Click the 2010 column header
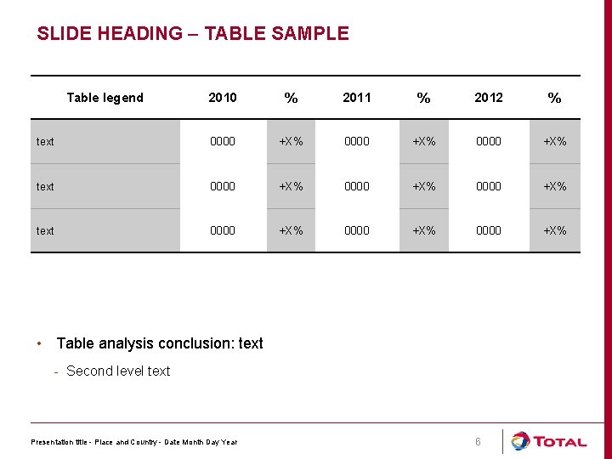223,98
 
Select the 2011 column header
357,98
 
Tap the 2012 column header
489,98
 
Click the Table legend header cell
105,98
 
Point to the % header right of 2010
291,99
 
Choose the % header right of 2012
554,99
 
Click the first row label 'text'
45,142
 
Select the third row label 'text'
45,231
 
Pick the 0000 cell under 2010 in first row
223,142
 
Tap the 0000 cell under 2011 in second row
357,186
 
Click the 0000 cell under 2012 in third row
489,230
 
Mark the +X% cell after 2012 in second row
554,186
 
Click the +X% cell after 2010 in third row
291,230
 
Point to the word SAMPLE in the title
312,34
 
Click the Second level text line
118,371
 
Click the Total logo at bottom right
548,441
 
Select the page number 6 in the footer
478,442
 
